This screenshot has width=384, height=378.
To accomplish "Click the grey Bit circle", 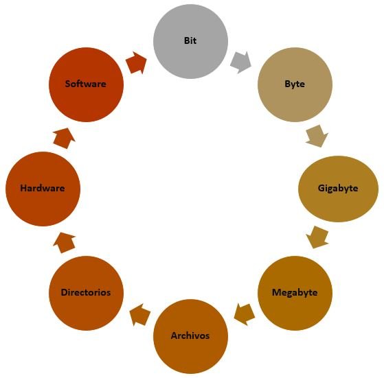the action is [190, 41].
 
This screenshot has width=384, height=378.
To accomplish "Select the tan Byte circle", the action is [295, 84].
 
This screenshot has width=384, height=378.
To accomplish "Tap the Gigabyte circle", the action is [338, 189].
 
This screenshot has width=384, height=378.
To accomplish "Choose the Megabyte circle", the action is [295, 293].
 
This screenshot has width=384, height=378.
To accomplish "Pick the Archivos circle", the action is [190, 336].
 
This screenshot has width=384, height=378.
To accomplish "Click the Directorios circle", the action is [86, 293].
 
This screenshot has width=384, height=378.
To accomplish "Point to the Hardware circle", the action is [43, 189].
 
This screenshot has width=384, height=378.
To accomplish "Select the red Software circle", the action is [86, 84].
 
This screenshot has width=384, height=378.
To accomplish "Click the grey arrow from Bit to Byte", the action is [240, 62].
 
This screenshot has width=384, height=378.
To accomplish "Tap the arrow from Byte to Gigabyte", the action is [317, 136].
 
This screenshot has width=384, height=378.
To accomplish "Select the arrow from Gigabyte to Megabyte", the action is [317, 237].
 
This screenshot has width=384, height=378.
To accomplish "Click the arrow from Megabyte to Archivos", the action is [245, 315].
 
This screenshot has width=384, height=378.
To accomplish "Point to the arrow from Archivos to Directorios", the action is [140, 315].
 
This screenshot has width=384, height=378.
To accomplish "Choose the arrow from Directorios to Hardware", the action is [64, 243].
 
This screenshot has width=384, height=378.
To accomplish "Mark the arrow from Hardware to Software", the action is [64, 138].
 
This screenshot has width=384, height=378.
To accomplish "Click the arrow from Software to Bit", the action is [136, 63].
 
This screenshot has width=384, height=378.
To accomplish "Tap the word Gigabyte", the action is [338, 189].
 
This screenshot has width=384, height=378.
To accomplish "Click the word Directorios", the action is [86, 292].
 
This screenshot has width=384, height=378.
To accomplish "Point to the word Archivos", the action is [190, 335].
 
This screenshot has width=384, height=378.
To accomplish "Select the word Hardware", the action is [43, 188].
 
